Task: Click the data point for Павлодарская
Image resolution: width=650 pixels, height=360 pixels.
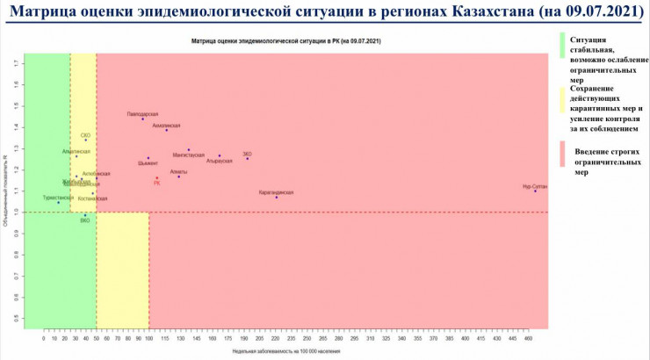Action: click(x=142, y=119)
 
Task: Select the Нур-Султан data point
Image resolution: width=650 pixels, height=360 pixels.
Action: click(x=535, y=191)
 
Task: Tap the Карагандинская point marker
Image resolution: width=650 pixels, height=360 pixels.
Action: click(x=276, y=197)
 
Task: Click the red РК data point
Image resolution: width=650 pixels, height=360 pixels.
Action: click(x=157, y=178)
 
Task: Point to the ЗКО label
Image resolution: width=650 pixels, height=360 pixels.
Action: click(x=247, y=154)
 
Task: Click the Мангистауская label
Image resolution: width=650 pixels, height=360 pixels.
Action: click(x=188, y=155)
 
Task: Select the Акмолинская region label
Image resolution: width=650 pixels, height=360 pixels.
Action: click(x=166, y=126)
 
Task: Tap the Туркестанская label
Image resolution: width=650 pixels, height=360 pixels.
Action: click(x=58, y=198)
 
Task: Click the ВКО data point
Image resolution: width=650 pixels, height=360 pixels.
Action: click(x=85, y=215)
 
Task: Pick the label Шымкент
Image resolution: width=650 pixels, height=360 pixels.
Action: click(x=148, y=163)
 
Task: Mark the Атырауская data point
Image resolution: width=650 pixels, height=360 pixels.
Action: click(x=220, y=155)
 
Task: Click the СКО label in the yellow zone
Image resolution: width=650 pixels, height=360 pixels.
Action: click(x=85, y=135)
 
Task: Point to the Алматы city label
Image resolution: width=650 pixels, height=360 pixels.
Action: click(x=178, y=172)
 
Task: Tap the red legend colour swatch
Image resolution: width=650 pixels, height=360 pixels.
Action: click(x=562, y=157)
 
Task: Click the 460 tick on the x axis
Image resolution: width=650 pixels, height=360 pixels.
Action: click(x=531, y=338)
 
